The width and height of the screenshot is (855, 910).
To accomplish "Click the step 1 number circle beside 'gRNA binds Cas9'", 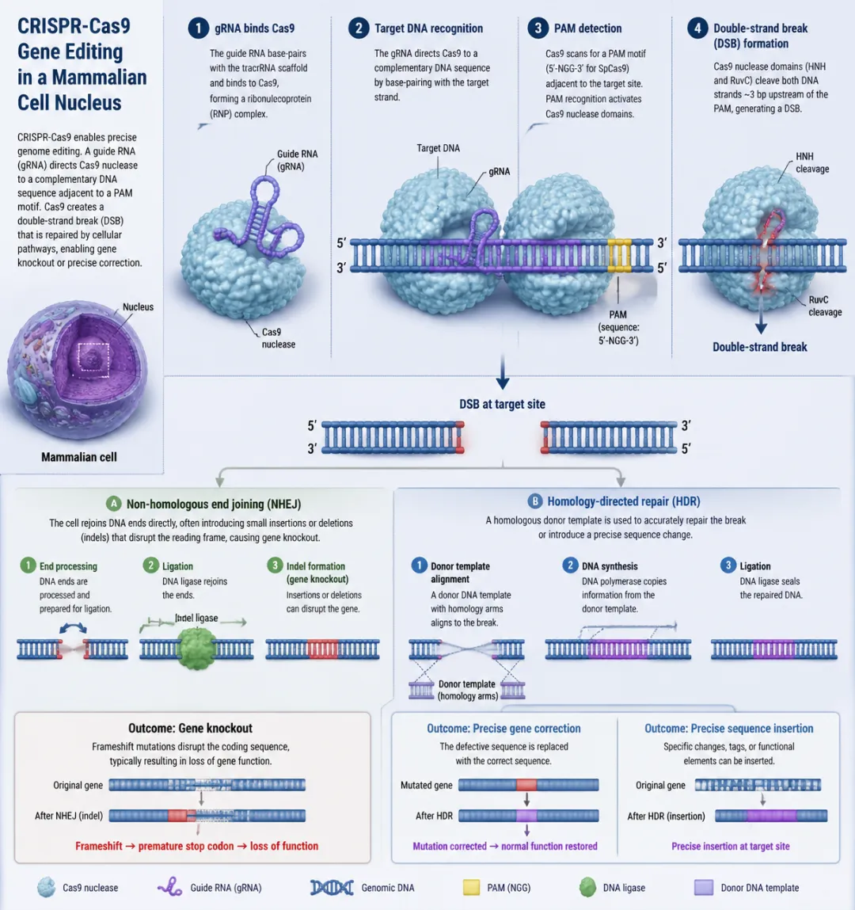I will pos(198,29).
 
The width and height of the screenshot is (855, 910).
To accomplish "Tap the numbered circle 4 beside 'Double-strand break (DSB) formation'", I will pos(697,29).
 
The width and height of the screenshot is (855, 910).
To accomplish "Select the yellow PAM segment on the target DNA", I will pos(619,255).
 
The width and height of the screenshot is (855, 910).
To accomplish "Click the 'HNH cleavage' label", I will pos(811,162).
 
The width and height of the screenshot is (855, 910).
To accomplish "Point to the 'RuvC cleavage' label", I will pos(824,306).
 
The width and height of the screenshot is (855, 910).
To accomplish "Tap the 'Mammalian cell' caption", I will pos(79,457).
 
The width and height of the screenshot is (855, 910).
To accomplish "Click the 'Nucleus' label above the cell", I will pos(138,307).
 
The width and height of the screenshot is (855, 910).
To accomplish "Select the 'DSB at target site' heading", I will pos(502,404).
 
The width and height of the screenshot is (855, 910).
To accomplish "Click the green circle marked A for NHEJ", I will pos(114,504).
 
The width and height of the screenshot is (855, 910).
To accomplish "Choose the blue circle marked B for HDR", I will pos(535,501).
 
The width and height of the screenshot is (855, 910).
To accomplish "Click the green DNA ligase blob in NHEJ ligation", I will pos(197,649).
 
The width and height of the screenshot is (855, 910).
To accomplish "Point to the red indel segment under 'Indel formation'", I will pos(322,650).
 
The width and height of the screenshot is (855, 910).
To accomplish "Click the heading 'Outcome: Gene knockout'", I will pos(190,728).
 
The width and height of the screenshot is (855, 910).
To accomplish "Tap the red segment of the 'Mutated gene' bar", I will pos(526,785).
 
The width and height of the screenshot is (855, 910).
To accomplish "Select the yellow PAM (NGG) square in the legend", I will pos(471,887).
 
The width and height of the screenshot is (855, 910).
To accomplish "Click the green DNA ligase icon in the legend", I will pos(587,887).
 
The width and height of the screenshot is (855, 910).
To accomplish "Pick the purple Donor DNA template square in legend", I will pos(704,887).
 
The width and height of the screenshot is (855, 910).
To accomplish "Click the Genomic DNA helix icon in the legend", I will pos(332,887).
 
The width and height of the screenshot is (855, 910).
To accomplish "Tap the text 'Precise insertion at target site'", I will pos(730,846).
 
